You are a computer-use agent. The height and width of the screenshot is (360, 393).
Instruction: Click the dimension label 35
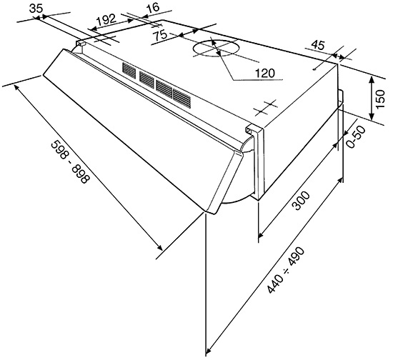36,9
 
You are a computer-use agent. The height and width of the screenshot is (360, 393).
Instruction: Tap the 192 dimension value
106,20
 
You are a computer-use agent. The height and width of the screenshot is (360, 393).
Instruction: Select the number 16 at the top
153,7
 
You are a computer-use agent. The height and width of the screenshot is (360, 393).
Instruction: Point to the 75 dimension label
160,35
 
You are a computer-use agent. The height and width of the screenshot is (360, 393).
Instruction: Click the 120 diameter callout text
264,73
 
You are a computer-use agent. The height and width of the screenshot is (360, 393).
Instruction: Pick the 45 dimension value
318,45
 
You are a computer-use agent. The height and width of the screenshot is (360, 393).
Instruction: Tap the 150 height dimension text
380,99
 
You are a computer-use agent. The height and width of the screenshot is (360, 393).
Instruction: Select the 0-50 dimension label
356,136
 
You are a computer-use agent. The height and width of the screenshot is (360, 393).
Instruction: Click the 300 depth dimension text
301,201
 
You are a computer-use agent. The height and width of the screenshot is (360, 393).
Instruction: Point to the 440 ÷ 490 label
286,270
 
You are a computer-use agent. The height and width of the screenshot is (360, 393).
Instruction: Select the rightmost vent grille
181,99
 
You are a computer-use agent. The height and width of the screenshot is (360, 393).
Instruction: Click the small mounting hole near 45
314,70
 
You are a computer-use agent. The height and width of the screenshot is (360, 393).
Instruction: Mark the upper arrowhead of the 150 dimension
372,79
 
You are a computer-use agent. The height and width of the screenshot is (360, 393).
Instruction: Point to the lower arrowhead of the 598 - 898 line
159,247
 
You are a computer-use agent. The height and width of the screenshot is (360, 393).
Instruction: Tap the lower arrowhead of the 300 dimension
261,234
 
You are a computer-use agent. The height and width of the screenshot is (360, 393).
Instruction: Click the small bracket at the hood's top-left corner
81,43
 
